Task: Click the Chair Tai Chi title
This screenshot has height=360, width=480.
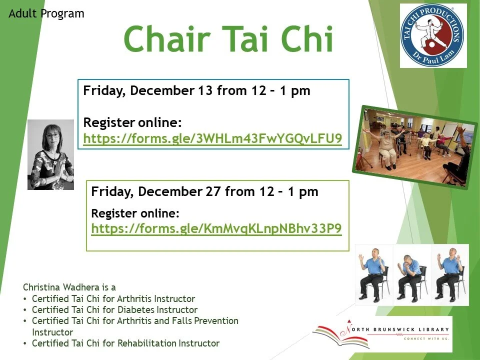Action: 228,39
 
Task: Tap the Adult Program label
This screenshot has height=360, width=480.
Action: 46,13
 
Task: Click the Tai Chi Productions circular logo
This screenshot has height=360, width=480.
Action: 433,35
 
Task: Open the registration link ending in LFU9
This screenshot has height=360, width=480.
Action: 212,139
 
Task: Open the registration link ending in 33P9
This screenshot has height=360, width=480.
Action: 216,228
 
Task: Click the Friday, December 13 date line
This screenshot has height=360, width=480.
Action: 196,91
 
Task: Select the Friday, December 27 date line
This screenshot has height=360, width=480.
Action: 204,192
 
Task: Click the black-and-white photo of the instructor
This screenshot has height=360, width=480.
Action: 50,154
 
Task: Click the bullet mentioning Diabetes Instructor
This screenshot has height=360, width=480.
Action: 114,310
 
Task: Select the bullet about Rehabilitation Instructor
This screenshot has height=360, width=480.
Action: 125,343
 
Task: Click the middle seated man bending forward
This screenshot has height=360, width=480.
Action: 411,275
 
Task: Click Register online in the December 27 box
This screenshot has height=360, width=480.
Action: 135,213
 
